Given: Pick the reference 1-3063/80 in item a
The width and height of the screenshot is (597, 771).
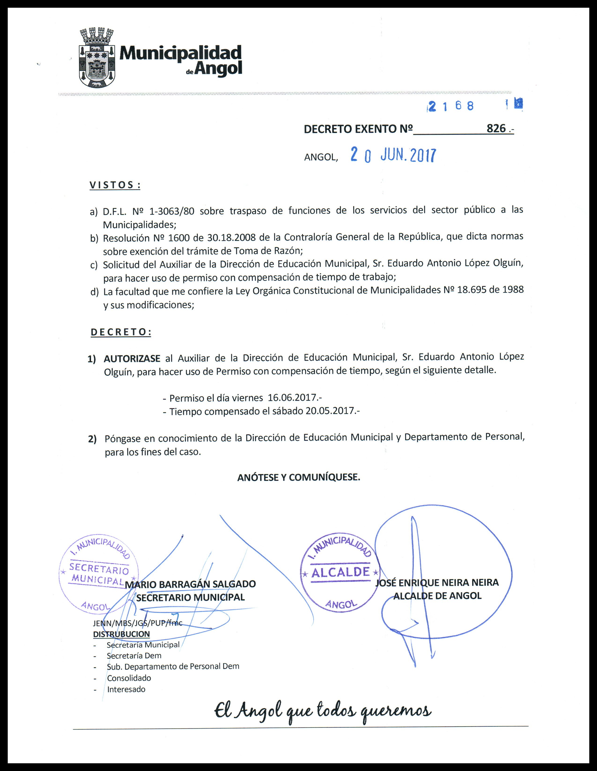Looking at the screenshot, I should pos(172,211).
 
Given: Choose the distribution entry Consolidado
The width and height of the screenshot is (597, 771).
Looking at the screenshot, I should pos(129,678).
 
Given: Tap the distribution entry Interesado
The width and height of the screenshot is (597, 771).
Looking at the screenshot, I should pos(126,689).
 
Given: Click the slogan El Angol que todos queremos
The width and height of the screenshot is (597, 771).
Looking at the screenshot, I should pos(323,709).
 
